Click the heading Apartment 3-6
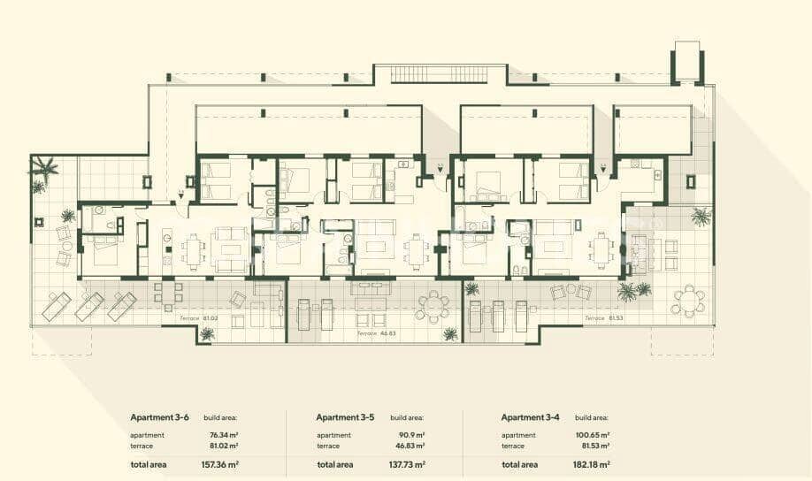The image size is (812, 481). tap(160, 417)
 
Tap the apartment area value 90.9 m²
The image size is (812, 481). tap(411, 435)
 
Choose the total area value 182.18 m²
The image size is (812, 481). tap(593, 464)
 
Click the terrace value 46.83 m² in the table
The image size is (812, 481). tap(409, 447)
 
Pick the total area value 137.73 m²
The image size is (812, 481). tap(408, 464)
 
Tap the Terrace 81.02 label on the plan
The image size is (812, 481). tap(197, 317)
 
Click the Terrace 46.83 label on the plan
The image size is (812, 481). tap(375, 334)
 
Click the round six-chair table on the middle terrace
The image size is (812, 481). tap(433, 306)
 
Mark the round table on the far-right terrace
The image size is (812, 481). tap(688, 302)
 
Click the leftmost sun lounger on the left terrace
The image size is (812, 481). tap(58, 306)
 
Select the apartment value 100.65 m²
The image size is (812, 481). tap(592, 435)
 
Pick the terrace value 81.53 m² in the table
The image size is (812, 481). tap(593, 447)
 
